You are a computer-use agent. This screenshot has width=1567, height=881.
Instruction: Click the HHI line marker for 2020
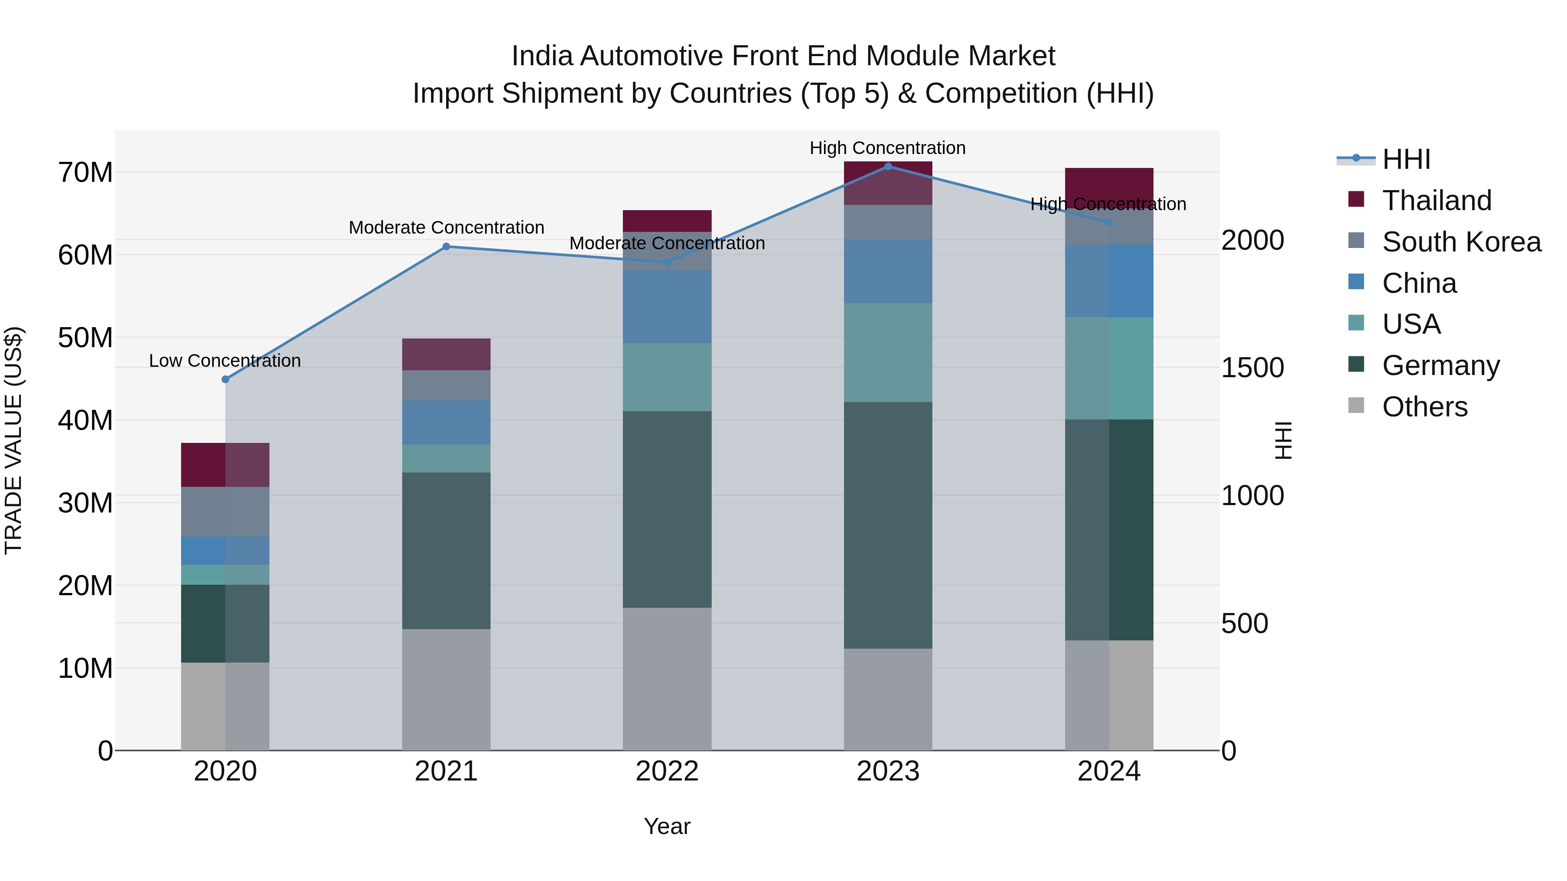pos(225,379)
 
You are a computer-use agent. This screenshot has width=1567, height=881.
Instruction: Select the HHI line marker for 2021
pos(446,247)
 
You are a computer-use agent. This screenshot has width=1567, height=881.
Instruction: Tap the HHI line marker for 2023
pos(888,167)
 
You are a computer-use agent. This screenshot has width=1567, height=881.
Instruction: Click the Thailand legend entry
pos(1436,201)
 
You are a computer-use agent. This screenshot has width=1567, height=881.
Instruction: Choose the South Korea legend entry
pos(1461,242)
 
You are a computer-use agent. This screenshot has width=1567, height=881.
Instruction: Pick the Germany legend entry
pos(1440,365)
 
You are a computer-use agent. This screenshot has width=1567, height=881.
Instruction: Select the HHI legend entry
pos(1406,159)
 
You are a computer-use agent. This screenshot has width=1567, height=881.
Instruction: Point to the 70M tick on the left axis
pos(85,173)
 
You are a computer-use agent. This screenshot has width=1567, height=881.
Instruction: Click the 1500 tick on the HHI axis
pos(1252,368)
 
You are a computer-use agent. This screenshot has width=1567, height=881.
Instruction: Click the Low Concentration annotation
pos(225,361)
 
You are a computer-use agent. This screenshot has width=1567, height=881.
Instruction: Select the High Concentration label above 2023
pos(887,148)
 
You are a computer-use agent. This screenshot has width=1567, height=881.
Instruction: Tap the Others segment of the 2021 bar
pos(446,690)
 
